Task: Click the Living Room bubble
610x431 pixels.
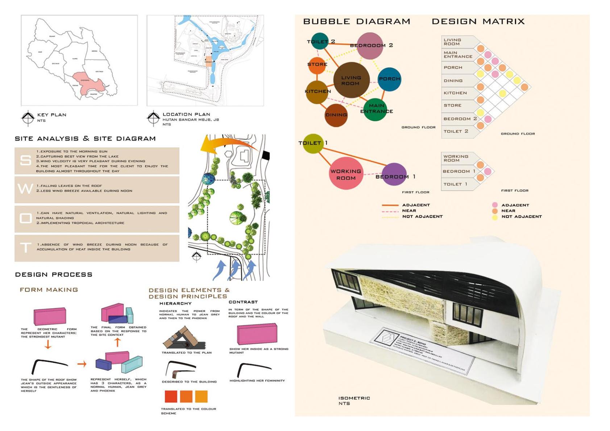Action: click(x=350, y=80)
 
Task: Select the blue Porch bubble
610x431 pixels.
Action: click(x=389, y=79)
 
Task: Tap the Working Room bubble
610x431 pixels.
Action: click(x=346, y=174)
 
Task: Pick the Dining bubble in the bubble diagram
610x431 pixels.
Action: click(x=336, y=115)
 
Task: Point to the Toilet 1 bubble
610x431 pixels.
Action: click(x=313, y=143)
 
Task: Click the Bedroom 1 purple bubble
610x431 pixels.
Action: click(x=394, y=175)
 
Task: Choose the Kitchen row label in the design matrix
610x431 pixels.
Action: click(x=455, y=93)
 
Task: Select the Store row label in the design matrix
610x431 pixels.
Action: click(x=453, y=105)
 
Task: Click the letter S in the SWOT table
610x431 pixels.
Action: click(x=25, y=160)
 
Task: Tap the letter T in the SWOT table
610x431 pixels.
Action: click(x=25, y=248)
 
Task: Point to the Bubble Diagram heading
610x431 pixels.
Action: click(x=357, y=21)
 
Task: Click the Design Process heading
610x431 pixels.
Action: click(x=54, y=275)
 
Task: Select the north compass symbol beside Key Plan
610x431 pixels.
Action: click(x=28, y=117)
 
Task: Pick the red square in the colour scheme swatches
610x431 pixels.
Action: click(x=171, y=397)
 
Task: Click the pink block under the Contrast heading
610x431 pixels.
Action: click(x=257, y=334)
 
